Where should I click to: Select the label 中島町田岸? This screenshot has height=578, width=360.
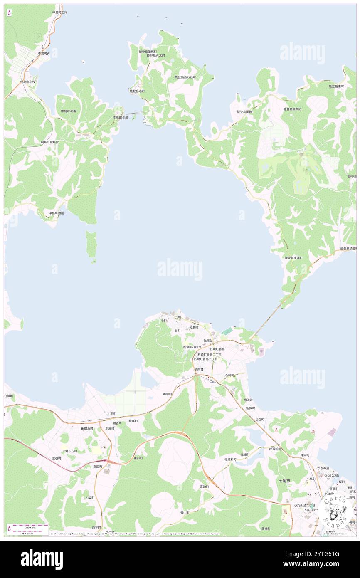point(60,12)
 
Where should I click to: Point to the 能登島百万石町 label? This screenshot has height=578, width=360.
point(185,77)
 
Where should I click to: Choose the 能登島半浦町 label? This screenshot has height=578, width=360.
point(293,258)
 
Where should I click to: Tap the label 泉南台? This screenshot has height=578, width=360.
point(199,369)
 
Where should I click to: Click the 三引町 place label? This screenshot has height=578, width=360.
point(57,458)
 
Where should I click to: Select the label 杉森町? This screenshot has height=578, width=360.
point(90,497)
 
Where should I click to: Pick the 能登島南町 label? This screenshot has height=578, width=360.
point(336,86)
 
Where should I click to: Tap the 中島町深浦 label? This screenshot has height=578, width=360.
point(68,111)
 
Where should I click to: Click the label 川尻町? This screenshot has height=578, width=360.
point(112,414)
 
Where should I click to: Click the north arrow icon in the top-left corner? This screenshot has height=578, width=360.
point(9,13)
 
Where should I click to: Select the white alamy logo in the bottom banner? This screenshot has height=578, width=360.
point(42,559)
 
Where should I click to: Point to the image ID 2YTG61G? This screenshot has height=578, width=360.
point(328,554)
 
